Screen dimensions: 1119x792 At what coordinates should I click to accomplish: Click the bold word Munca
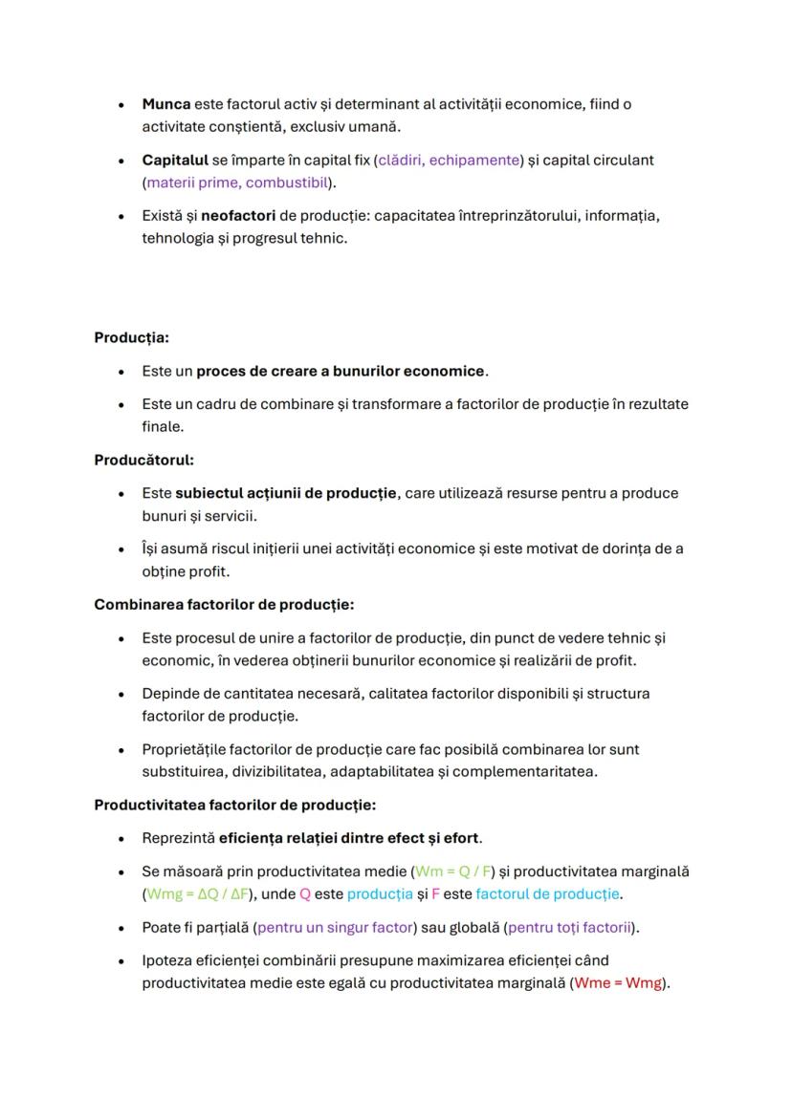tap(166, 104)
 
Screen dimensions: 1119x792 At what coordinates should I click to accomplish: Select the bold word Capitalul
tap(175, 160)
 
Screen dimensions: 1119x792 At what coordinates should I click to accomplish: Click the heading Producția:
tap(131, 337)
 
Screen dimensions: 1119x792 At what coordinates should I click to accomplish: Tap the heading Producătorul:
tap(143, 460)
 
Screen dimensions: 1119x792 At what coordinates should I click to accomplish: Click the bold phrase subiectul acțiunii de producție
tap(286, 493)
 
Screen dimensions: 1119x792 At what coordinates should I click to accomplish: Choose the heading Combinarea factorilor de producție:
tap(224, 604)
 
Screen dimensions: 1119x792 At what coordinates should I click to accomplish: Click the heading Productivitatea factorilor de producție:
tap(234, 805)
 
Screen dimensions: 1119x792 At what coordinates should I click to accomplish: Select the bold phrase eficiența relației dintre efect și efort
tap(349, 838)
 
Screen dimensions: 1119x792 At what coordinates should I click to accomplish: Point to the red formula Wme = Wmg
tap(618, 983)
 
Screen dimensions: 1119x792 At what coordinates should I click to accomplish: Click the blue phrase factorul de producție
tap(548, 894)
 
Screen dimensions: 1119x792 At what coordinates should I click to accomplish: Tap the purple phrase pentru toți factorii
tap(571, 927)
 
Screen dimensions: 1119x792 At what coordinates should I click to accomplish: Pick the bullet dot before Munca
tap(120, 105)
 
